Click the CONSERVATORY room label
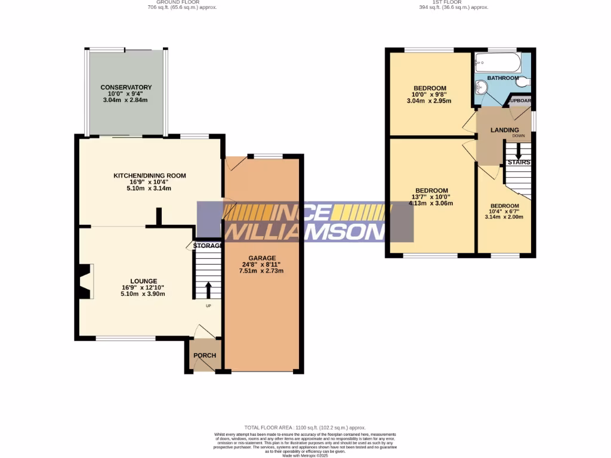point(126,87)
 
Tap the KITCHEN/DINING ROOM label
point(150,175)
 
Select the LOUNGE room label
point(144,281)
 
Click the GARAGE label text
point(262,258)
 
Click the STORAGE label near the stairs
point(207,246)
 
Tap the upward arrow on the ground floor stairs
point(208,290)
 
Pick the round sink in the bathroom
point(482,88)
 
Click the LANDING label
point(504,130)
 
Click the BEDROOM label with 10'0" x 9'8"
point(430,88)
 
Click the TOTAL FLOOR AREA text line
point(305,428)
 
